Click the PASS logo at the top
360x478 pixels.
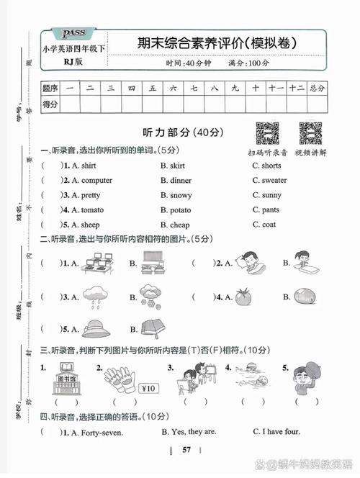(74, 35)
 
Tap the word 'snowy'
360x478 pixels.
(180, 195)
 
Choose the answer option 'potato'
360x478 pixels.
(180, 210)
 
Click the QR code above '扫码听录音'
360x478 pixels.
(267, 135)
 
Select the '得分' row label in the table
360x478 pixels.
(50, 104)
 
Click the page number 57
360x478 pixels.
(186, 450)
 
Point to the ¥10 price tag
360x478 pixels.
(148, 389)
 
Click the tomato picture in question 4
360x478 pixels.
(241, 296)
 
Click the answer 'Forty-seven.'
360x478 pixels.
(102, 433)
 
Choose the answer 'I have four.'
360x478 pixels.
(279, 433)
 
